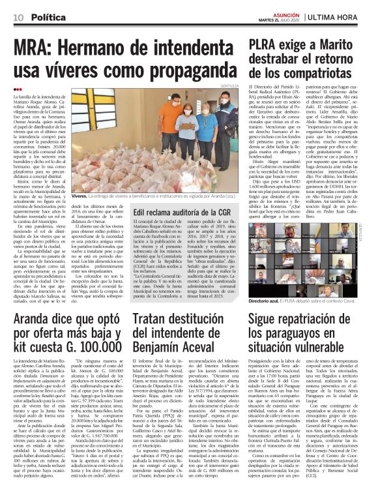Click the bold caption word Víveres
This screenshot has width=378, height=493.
80,195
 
